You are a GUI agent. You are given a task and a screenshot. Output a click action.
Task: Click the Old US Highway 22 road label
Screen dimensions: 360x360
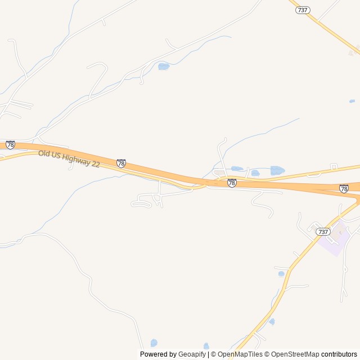pos(69,158)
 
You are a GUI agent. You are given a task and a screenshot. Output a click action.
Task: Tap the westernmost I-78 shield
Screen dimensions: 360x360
pos(10,145)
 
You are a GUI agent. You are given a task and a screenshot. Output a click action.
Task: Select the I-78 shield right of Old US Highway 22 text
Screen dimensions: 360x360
pos(121,163)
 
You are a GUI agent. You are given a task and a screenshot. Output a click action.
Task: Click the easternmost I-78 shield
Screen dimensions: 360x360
pos(344,188)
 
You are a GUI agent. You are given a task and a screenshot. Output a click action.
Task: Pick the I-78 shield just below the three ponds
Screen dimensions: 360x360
pos(232,183)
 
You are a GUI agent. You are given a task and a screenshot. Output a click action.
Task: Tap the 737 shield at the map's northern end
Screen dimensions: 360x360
pos(303,10)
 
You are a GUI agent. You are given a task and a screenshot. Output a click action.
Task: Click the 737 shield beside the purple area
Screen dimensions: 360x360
pos(322,232)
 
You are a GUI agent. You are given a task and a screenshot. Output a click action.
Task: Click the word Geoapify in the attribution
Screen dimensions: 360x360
pos(192,354)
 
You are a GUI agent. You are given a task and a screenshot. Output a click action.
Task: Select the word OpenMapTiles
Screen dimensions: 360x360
pos(240,354)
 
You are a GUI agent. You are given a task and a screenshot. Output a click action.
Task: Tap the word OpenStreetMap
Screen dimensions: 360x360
pos(295,354)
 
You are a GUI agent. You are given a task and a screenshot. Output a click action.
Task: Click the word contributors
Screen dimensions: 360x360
pos(340,354)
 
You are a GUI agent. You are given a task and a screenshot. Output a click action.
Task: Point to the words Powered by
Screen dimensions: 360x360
pos(158,354)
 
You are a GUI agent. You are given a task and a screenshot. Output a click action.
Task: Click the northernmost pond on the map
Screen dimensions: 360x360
pos(164,66)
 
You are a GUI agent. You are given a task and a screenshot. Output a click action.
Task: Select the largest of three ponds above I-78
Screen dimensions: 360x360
pos(277,170)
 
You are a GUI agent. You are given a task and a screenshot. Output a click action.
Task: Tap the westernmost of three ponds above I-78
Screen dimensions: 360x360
pos(237,168)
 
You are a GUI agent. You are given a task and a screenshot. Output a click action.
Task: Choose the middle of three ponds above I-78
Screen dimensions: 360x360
pos(255,173)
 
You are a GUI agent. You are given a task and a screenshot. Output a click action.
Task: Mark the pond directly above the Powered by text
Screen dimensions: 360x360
pos(154,342)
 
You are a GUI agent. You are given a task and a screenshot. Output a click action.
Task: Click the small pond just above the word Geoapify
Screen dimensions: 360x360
pos(206,345)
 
